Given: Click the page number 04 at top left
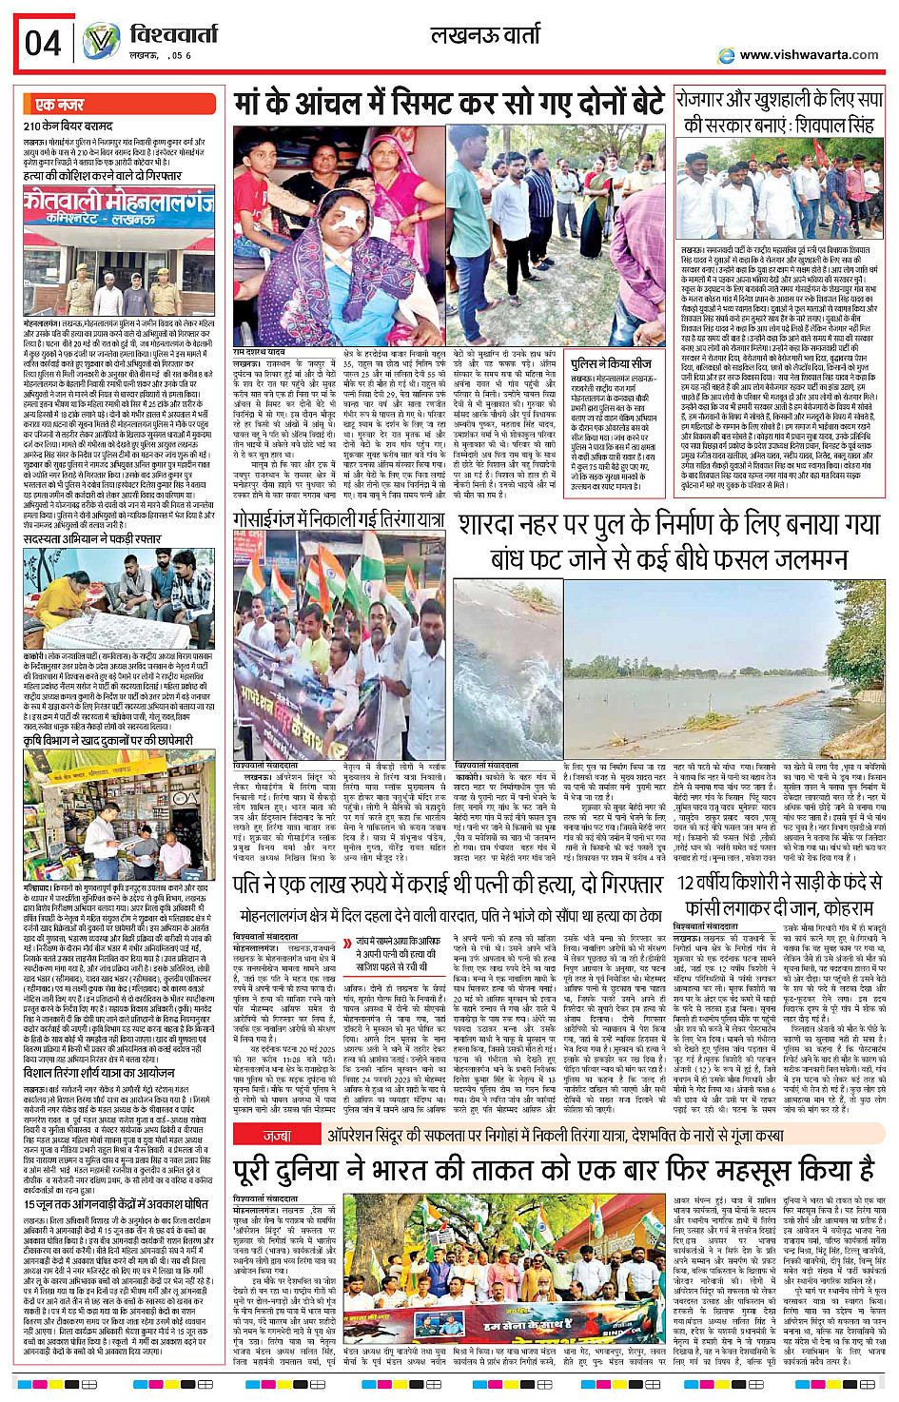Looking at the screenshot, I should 43,43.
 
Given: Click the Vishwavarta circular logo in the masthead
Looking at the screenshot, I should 101,41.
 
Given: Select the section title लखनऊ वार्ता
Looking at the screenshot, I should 485,37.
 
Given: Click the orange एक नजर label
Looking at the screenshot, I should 59,105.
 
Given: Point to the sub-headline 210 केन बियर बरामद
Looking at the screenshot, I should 68,126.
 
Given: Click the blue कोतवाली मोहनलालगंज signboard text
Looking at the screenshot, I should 120,204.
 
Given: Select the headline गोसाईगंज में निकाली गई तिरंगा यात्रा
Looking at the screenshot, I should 338,519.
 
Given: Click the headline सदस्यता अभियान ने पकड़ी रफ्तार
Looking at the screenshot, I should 92,539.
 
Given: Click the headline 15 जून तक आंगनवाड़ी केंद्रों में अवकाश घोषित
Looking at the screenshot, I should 115,1204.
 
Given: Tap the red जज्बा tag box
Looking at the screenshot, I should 277,1136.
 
